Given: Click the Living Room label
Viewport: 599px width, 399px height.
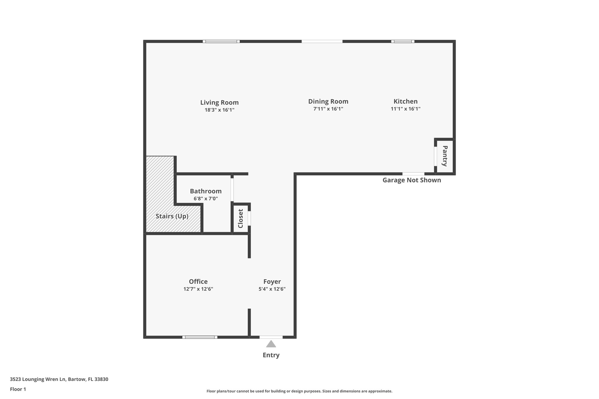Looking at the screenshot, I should pos(219,103).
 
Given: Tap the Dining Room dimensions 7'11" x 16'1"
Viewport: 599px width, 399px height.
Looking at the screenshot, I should pos(328,109).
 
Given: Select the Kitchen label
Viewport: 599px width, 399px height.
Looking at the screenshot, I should pos(405,101).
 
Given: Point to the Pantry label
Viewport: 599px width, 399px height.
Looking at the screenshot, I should pos(445,156).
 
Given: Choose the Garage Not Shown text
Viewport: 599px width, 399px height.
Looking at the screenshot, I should pos(412,180).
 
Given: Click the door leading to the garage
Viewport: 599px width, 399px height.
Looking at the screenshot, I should pos(413,174).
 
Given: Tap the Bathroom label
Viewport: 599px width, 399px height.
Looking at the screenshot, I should pos(206,191).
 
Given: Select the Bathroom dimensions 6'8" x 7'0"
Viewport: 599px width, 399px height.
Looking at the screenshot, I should pos(206,199).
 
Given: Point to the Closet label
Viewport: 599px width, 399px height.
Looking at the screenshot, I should pos(240,218).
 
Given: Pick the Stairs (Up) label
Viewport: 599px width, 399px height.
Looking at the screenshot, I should pos(172,216).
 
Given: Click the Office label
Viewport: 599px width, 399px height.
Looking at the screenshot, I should pos(198,281).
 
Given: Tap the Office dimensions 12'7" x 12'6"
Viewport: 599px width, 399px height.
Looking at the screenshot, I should pos(198,289).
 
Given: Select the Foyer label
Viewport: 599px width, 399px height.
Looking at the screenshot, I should pos(272,281).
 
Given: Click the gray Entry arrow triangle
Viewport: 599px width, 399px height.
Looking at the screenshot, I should pos(271,344).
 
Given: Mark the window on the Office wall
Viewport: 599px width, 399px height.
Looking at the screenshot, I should pos(200,337).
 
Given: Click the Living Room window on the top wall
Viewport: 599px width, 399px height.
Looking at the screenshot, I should pos(221,42).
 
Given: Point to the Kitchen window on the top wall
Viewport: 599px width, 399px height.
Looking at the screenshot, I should pos(403,42).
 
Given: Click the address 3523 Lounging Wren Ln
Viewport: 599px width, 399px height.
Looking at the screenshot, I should pos(38,379).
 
